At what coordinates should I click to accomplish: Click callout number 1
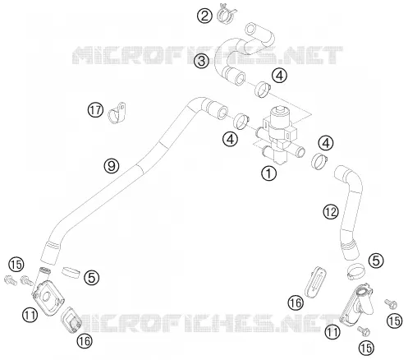click(269, 173)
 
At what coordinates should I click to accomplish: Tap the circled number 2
click(204, 16)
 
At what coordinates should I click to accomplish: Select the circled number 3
click(201, 61)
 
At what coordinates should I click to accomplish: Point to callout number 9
click(112, 165)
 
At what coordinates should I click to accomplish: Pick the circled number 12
click(331, 212)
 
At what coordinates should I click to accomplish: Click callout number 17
click(95, 110)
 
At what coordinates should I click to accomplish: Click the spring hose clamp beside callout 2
click(226, 14)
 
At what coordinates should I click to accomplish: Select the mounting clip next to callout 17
click(117, 113)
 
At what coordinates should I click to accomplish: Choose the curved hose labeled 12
click(350, 211)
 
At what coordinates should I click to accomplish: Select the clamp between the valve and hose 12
click(319, 161)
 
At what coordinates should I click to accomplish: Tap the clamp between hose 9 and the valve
click(241, 121)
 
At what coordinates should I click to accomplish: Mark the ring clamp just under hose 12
click(356, 270)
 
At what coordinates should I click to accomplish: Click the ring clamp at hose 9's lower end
click(71, 272)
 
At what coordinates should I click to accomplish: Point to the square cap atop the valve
click(279, 110)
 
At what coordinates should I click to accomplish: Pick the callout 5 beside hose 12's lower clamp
click(376, 261)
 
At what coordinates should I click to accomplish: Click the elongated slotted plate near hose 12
click(315, 282)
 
